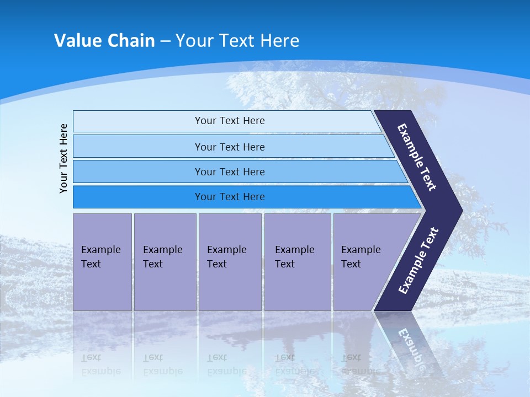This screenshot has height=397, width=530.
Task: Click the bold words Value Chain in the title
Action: pos(104,41)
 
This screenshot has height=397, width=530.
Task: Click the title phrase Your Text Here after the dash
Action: pos(237,41)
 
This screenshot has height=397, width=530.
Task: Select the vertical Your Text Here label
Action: pos(63,158)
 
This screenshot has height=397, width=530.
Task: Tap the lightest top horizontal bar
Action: pos(230,121)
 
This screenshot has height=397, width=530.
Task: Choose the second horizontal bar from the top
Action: pos(230,147)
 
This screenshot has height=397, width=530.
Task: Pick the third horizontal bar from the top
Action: pos(230,171)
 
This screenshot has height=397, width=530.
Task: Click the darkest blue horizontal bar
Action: pos(230,197)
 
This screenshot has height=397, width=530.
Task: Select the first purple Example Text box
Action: pos(102,262)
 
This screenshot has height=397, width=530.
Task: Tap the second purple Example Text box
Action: pos(165,262)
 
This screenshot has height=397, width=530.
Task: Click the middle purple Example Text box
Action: pos(230,262)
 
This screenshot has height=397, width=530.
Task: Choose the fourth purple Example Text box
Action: pos(297,262)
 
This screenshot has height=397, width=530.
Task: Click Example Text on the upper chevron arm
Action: pos(417,157)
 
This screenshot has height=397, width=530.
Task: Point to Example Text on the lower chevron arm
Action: pos(418,261)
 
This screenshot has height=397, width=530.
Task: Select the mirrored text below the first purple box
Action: pos(100,364)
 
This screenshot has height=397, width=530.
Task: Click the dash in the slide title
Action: pos(165,41)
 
